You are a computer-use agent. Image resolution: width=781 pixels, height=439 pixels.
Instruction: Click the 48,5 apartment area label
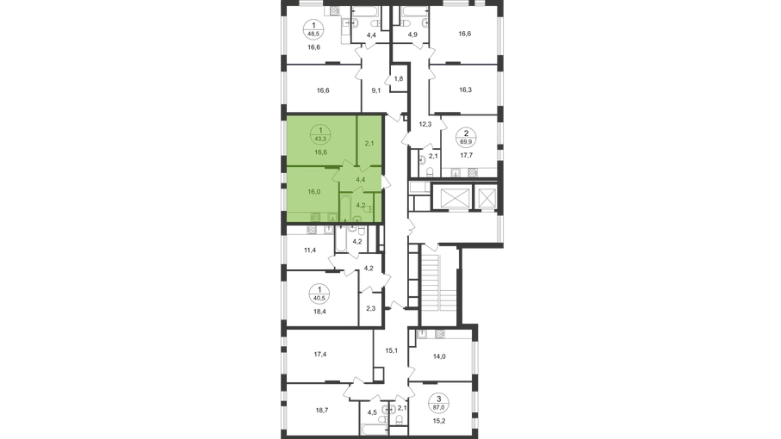pyautogui.click(x=313, y=34)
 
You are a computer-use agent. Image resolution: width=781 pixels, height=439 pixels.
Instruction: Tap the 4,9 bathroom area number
pyautogui.click(x=412, y=34)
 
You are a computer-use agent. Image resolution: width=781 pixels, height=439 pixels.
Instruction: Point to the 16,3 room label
pyautogui.click(x=465, y=90)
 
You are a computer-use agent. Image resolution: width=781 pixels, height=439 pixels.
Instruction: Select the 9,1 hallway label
pyautogui.click(x=376, y=90)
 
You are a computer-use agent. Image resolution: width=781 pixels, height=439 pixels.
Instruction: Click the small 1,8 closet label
pyautogui.click(x=399, y=78)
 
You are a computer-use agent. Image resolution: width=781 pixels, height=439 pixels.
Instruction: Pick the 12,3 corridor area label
pyautogui.click(x=425, y=124)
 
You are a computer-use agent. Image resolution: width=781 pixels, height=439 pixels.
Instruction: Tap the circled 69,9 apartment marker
pyautogui.click(x=466, y=138)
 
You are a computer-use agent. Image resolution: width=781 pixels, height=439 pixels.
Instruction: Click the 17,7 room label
pyautogui.click(x=467, y=155)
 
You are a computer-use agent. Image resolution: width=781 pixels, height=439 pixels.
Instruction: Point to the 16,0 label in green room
pyautogui.click(x=313, y=192)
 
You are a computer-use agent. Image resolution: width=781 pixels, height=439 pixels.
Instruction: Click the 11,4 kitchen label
pyautogui.click(x=310, y=250)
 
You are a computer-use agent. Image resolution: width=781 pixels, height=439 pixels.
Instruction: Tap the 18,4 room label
pyautogui.click(x=319, y=312)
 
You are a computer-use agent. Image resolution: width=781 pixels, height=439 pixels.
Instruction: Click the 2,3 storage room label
pyautogui.click(x=370, y=309)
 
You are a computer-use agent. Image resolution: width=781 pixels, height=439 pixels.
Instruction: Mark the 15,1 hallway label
pyautogui.click(x=392, y=350)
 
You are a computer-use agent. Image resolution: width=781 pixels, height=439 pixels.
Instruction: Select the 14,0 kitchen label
pyautogui.click(x=439, y=356)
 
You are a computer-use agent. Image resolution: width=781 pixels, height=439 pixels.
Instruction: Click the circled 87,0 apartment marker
pyautogui.click(x=439, y=403)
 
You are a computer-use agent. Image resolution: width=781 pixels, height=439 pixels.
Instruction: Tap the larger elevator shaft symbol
pyautogui.click(x=451, y=198)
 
